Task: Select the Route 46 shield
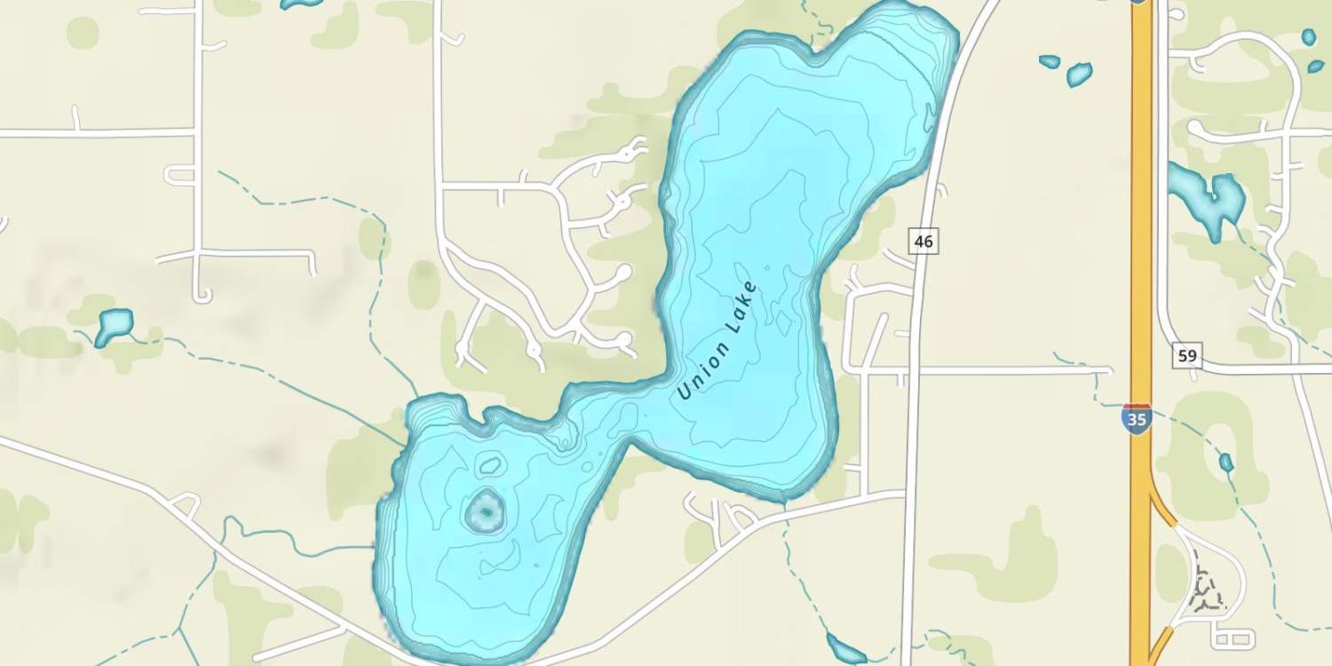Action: [x=924, y=240]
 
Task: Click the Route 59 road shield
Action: [x=1187, y=357]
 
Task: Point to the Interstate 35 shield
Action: [x=1137, y=418]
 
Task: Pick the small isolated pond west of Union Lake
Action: [x=114, y=325]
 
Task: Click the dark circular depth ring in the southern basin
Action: [x=485, y=511]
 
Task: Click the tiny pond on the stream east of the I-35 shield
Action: [x=1226, y=462]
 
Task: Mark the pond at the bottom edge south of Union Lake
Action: [x=846, y=650]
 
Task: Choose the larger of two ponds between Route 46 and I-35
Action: [x=1079, y=75]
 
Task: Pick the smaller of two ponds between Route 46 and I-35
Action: [x=1050, y=61]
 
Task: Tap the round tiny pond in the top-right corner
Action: [x=1308, y=36]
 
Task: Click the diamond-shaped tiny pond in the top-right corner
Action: [x=1315, y=66]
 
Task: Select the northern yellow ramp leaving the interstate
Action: [x=1162, y=510]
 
